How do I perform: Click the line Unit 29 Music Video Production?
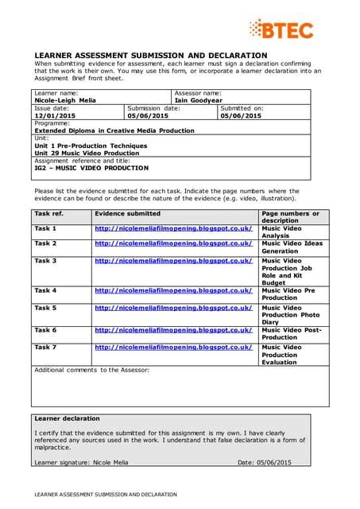(87, 153)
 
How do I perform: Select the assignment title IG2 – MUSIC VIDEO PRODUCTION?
(91, 168)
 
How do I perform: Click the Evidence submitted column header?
(127, 214)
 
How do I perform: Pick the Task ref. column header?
(48, 214)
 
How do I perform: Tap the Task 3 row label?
(45, 261)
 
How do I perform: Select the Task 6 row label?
(45, 329)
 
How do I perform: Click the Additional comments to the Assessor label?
(91, 370)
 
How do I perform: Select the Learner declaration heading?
(67, 418)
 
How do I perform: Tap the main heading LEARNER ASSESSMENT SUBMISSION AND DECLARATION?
(151, 55)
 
